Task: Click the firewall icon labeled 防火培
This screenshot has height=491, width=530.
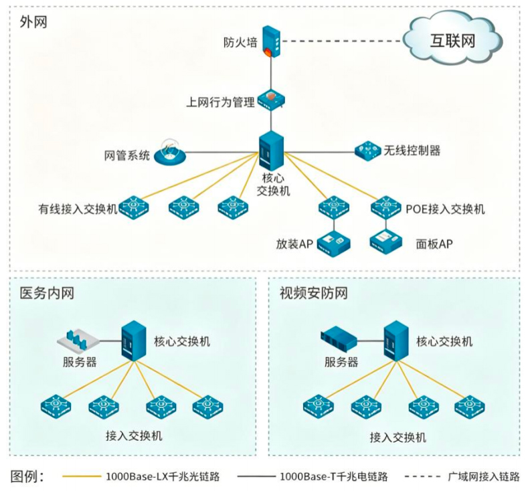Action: (x=271, y=41)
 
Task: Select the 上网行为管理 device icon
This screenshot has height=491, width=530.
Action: (x=271, y=100)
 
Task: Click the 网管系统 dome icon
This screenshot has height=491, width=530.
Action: (x=170, y=153)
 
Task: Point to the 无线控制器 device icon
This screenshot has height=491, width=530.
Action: (x=368, y=151)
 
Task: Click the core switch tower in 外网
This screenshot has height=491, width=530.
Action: (x=271, y=151)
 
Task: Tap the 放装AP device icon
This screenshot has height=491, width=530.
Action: (x=334, y=243)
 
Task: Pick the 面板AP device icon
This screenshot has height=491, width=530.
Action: (x=386, y=242)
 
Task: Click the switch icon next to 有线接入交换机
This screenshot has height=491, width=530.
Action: (x=135, y=207)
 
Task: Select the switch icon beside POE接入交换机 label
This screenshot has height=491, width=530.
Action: (x=385, y=207)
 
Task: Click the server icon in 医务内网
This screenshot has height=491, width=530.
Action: (x=78, y=339)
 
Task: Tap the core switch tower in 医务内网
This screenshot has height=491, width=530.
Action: (x=134, y=340)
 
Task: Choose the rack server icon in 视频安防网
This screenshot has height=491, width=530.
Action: (x=339, y=337)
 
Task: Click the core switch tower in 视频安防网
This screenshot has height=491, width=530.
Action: (x=396, y=340)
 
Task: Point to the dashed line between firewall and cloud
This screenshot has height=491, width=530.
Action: (x=342, y=41)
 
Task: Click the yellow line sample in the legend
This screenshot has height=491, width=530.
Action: (x=82, y=476)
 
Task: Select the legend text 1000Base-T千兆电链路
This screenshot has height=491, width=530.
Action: (x=334, y=476)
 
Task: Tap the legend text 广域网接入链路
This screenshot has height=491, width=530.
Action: (x=484, y=476)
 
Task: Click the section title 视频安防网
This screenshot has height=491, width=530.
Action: (x=313, y=293)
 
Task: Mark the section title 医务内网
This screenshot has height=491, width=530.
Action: (x=47, y=293)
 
